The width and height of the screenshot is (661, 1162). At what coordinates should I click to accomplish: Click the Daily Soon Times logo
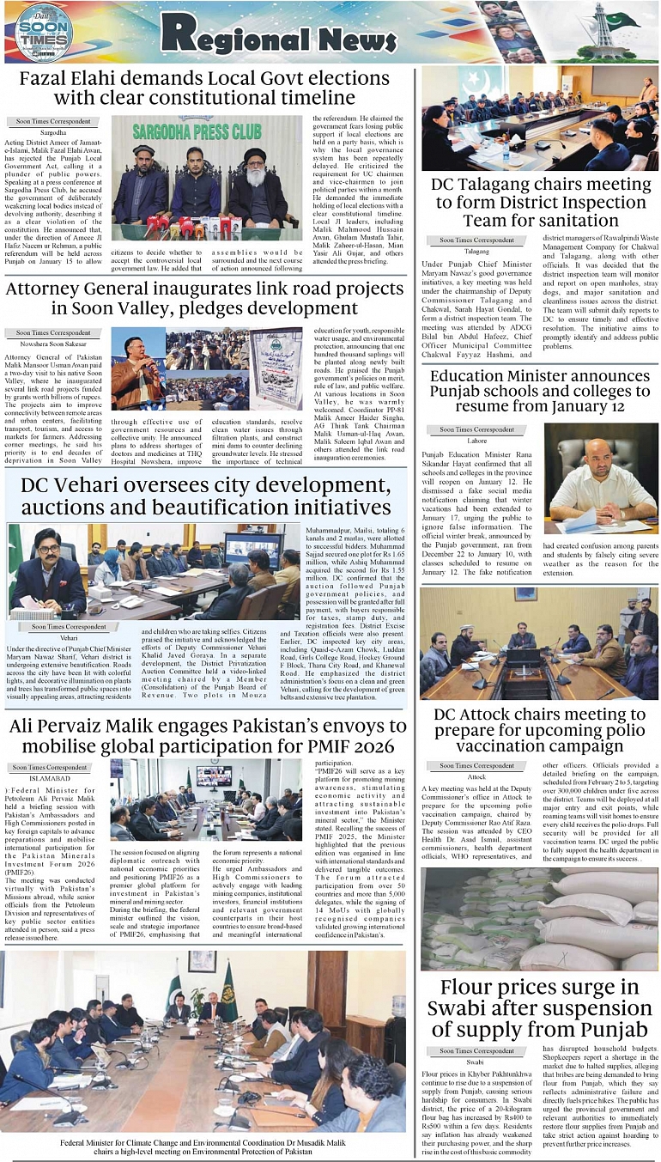click(x=43, y=33)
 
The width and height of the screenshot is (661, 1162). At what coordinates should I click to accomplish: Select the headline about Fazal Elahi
click(x=210, y=88)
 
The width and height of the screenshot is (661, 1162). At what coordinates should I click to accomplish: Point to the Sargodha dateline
click(x=53, y=134)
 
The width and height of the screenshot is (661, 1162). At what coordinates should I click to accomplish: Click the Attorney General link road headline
click(x=205, y=298)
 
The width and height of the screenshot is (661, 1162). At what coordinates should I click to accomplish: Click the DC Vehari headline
click(x=205, y=496)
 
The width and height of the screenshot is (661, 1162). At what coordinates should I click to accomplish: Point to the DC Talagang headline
click(x=540, y=204)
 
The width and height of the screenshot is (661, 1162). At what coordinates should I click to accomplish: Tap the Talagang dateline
click(x=477, y=252)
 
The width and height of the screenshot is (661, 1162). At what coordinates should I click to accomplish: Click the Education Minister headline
click(x=540, y=392)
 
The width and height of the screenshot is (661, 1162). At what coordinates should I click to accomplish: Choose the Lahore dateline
click(x=477, y=440)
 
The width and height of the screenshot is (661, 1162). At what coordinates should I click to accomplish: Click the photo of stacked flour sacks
click(x=540, y=918)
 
